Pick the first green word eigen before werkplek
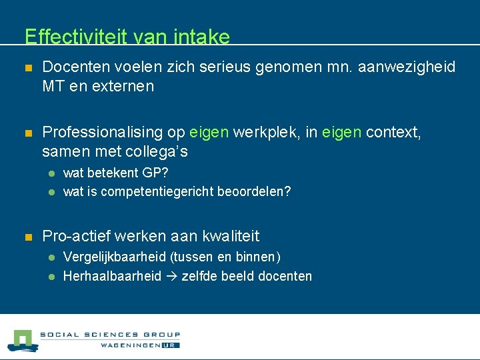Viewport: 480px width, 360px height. (x=209, y=133)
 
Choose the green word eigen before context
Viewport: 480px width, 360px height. (x=341, y=133)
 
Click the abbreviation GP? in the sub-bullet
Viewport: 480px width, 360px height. (x=156, y=173)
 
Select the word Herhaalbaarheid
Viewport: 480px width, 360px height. (x=112, y=276)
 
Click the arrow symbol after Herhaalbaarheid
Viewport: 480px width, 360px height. (x=171, y=276)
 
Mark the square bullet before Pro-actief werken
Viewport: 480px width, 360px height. (x=27, y=237)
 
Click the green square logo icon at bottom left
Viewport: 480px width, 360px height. (x=23, y=340)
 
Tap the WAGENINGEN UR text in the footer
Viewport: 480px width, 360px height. (x=140, y=345)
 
